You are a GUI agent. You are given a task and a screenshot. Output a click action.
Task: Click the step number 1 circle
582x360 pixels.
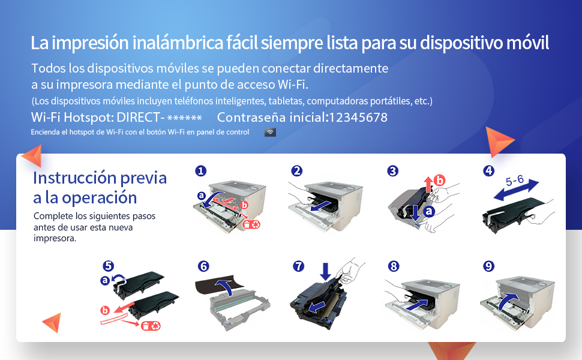coord(200,171)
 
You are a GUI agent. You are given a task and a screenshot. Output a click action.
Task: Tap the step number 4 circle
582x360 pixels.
coord(489,171)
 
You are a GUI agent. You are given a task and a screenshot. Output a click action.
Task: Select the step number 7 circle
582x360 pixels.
coord(298,266)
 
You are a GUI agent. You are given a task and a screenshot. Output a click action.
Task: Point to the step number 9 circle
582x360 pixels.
coord(489,266)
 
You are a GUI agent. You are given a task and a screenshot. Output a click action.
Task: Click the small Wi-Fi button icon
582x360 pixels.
coord(270,132)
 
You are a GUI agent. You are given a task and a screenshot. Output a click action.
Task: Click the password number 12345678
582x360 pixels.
coord(358,118)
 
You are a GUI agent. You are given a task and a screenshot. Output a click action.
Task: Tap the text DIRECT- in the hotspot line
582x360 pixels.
coord(142,118)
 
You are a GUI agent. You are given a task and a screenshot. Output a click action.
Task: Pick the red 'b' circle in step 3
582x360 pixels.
coord(440,179)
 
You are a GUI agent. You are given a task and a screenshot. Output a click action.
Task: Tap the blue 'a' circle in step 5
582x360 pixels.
coord(106,280)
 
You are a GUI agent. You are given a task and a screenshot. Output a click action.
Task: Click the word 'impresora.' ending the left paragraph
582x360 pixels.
coord(55,238)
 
